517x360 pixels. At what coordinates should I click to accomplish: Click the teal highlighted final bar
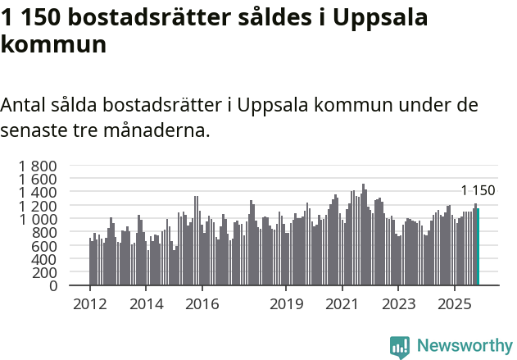pos(478,247)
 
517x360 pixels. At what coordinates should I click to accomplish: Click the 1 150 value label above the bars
pos(478,191)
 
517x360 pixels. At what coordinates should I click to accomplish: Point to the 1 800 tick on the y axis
pos(39,166)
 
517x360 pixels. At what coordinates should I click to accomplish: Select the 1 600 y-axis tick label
pos(39,179)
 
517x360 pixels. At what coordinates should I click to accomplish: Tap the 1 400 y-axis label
pos(39,193)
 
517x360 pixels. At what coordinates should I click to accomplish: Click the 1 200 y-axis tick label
pos(39,206)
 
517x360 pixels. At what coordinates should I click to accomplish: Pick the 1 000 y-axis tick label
pos(39,219)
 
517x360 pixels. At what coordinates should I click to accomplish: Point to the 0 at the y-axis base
pos(52,286)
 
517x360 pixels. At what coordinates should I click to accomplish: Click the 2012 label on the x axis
pos(89,304)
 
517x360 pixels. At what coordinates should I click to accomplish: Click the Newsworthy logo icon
pos(400,346)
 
